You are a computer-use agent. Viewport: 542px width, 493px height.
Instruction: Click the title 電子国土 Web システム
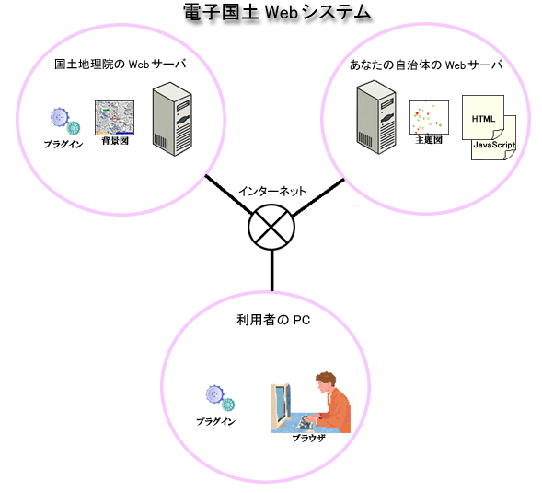(x=277, y=13)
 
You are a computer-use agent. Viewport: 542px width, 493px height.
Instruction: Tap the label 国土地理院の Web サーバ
(x=121, y=65)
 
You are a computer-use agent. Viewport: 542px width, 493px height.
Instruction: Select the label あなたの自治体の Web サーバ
(x=426, y=65)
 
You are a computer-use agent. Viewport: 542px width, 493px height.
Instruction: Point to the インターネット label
(x=272, y=191)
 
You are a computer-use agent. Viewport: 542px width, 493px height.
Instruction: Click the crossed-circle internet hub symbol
(x=271, y=227)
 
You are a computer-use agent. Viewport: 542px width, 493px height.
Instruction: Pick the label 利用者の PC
(x=273, y=320)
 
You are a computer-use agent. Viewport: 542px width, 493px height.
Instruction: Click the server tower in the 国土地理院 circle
(x=172, y=119)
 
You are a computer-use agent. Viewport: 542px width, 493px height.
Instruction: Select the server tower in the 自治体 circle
(x=376, y=117)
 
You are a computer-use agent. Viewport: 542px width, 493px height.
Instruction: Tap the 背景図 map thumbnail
(x=114, y=118)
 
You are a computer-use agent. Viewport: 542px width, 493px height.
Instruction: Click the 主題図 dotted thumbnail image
(x=430, y=117)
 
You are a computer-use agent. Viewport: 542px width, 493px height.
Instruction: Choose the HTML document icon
(x=483, y=118)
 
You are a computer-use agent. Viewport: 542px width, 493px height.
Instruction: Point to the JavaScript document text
(x=494, y=145)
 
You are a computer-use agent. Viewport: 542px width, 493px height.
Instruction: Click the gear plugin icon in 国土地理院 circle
(x=65, y=121)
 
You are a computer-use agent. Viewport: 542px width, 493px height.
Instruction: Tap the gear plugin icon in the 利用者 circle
(x=220, y=398)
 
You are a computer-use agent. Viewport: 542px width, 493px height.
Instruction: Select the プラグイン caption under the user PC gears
(x=215, y=421)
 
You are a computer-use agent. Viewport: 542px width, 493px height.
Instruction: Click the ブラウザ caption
(x=308, y=439)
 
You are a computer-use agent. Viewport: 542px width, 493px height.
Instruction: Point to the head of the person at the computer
(x=326, y=381)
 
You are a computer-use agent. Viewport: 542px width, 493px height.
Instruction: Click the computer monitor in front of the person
(x=281, y=405)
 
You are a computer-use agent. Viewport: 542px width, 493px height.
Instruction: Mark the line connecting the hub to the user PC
(x=272, y=270)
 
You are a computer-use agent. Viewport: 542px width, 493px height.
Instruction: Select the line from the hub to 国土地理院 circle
(x=228, y=194)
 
